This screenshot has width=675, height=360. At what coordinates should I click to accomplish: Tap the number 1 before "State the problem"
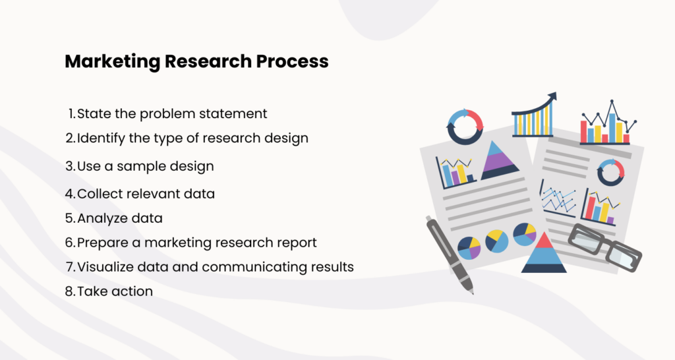coord(71,113)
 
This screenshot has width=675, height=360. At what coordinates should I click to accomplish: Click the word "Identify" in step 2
coord(99,138)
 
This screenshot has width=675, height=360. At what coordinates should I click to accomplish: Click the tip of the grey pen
coord(471,291)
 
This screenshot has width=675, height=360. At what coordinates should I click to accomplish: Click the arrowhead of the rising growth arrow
coord(552,98)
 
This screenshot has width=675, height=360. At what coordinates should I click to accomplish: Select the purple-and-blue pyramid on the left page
coord(500,160)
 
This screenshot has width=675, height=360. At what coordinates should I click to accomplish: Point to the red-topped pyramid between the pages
coord(544,253)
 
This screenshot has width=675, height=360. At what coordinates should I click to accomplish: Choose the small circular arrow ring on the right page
coord(610,172)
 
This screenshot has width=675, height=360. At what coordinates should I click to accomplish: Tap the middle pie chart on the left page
coord(497,241)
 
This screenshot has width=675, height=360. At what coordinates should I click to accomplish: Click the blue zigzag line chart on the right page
coord(558,198)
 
